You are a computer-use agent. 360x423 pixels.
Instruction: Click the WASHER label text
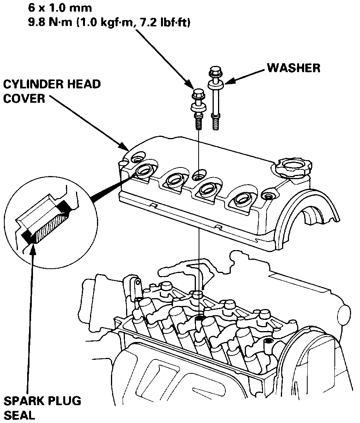[293, 68]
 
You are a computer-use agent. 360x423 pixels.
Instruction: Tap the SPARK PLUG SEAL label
[42, 407]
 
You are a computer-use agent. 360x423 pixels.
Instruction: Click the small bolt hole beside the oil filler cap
[268, 195]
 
